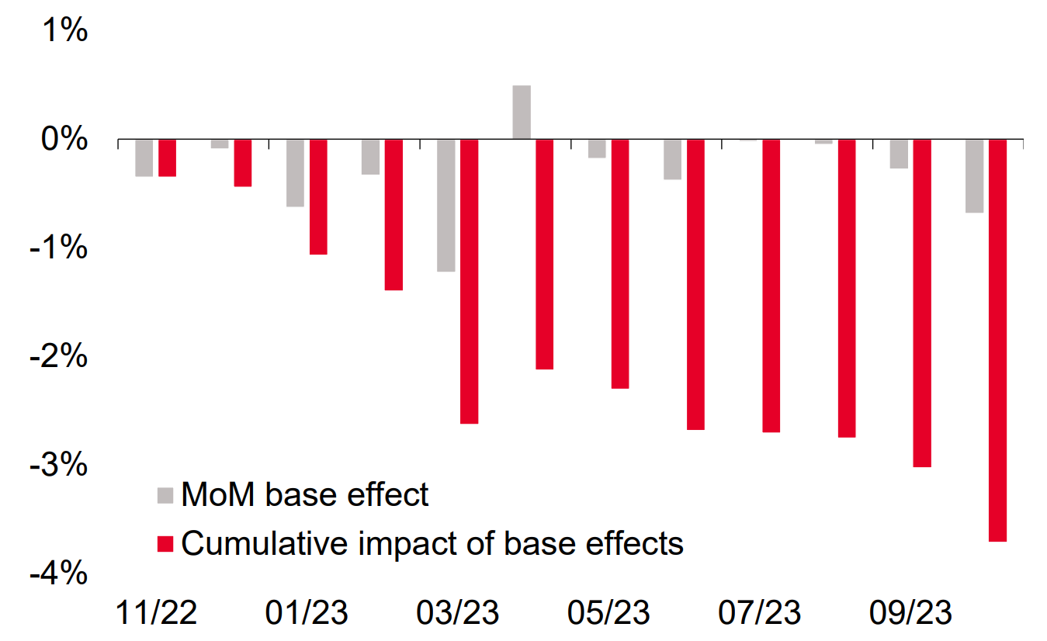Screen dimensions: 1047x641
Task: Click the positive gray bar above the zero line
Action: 522,112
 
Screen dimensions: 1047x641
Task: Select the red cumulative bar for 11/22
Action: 168,158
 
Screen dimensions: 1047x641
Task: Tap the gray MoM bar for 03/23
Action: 446,205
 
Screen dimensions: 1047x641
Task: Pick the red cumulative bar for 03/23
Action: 470,281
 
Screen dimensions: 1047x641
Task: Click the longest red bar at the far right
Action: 998,340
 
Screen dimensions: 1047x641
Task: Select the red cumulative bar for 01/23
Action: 318,196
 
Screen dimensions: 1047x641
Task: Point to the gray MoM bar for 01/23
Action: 295,173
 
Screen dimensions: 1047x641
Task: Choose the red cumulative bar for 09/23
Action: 922,303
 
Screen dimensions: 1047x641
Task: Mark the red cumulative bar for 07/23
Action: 771,286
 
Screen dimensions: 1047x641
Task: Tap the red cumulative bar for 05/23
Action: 620,264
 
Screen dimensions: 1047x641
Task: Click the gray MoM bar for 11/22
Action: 144,158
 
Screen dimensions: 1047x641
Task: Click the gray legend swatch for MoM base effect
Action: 165,496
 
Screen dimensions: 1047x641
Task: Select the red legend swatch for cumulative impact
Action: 165,544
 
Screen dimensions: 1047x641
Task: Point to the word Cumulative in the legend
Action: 265,543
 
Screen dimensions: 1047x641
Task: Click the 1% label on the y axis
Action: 65,30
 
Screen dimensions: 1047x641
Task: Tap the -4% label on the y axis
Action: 58,573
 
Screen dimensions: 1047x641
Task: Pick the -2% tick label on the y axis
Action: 58,355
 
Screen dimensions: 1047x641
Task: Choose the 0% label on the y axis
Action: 64,139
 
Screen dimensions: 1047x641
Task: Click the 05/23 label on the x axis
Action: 608,612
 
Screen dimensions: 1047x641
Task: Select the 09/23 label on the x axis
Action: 910,612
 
